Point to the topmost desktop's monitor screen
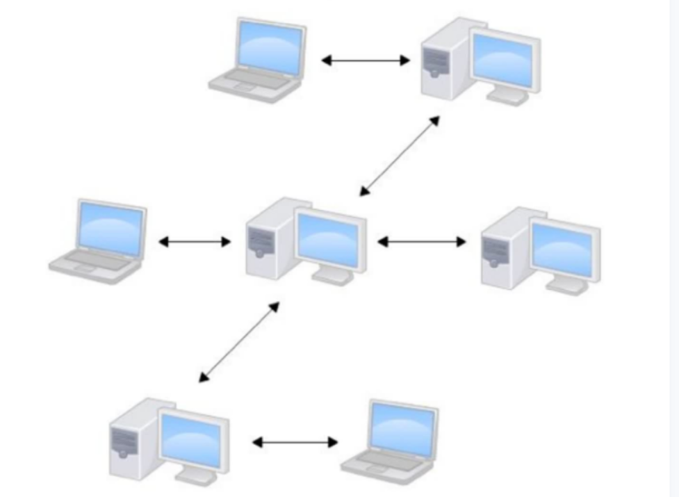coord(502,60)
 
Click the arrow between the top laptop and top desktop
coord(366,60)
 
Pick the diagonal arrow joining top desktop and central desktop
coord(399,156)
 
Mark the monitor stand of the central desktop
coord(332,276)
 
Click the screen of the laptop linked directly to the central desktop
coord(111,227)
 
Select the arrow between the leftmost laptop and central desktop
coord(195,242)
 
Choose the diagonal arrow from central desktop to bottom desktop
coord(239,342)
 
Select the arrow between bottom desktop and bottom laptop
coord(295,442)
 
